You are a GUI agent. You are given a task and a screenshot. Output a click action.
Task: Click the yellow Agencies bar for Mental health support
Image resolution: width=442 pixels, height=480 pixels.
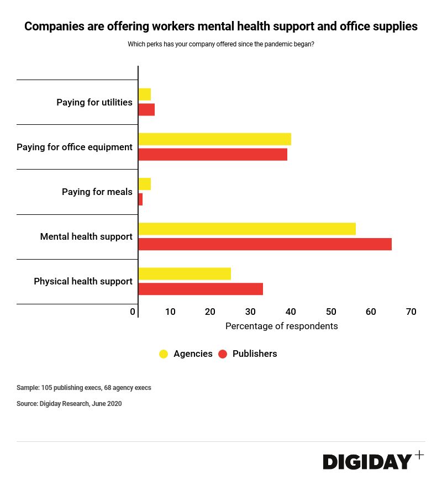[x=247, y=229]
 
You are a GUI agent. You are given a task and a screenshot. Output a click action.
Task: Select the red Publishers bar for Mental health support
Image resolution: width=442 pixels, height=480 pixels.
[x=265, y=244]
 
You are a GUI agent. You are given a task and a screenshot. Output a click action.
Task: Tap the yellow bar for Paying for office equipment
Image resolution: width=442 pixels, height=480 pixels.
[x=214, y=139]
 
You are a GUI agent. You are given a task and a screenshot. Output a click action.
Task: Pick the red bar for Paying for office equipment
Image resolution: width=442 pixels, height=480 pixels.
[x=213, y=155]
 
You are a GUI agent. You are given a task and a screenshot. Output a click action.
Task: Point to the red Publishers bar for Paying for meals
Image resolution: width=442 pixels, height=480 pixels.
[x=140, y=199]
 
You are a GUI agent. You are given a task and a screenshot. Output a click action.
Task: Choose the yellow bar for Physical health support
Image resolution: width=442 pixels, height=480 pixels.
[x=185, y=273]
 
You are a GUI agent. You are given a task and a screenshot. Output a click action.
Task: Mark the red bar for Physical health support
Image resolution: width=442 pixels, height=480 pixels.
[x=201, y=289]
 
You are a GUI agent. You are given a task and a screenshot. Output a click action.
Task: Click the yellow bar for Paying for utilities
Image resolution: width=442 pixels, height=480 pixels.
[x=144, y=94]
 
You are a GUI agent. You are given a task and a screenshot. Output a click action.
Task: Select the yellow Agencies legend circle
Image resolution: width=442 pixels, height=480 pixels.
[x=164, y=354]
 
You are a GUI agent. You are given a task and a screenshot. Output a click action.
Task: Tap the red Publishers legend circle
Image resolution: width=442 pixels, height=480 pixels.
[x=223, y=354]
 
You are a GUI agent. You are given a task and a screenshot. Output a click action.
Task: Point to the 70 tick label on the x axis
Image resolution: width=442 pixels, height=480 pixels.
[x=411, y=312]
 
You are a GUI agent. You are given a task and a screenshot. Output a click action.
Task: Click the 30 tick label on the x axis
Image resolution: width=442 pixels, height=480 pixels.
[x=250, y=312]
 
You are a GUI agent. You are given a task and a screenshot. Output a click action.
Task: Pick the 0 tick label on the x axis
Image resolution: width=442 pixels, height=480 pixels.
[x=133, y=312]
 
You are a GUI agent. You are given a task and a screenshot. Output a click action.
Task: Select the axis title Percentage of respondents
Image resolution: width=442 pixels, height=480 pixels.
[x=281, y=326]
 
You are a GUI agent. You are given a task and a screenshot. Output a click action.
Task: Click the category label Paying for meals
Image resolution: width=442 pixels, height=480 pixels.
[x=97, y=192]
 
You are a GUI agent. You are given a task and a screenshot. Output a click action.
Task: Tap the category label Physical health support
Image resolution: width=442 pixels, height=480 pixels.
[x=83, y=282]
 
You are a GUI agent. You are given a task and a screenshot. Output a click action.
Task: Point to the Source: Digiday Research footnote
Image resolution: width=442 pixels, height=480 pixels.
[x=69, y=404]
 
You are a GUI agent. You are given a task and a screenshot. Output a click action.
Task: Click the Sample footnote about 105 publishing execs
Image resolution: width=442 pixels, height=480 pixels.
[x=83, y=388]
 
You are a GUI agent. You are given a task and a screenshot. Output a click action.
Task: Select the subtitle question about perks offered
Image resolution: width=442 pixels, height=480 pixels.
[x=221, y=44]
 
